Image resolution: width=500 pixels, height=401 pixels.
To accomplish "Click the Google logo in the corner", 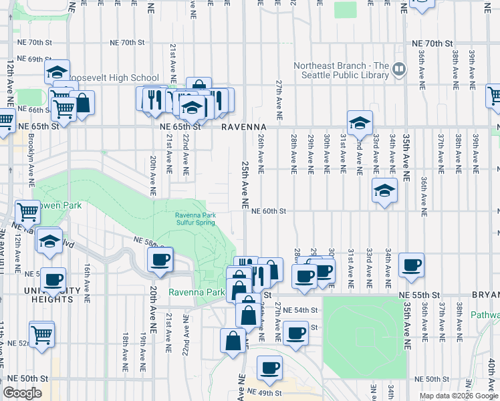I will [22, 393].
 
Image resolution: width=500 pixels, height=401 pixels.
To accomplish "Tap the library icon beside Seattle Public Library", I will [400, 68].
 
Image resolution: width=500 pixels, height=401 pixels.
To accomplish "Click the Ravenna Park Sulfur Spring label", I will [195, 219].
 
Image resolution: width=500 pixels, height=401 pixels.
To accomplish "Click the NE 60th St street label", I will [269, 211].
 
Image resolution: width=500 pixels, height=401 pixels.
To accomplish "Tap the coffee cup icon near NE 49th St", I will [269, 367].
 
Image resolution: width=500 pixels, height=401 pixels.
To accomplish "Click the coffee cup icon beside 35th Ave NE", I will [411, 265].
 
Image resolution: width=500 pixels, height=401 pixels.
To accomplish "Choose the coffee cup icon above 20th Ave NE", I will [160, 259].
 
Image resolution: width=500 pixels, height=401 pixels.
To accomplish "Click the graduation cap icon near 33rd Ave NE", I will [384, 190].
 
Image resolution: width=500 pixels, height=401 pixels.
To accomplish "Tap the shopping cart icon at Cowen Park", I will [28, 212].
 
